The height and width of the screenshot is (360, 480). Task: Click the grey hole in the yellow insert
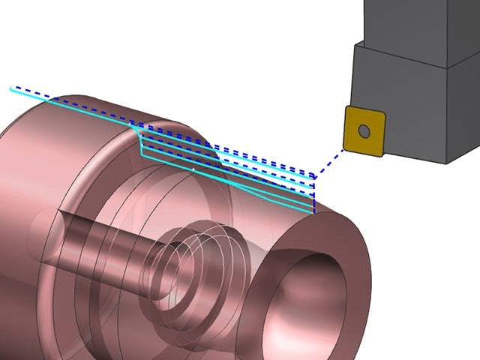click(x=364, y=131)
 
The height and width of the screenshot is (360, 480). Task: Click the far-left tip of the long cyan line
click(x=11, y=88)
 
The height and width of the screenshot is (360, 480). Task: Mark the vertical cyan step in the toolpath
click(x=141, y=142)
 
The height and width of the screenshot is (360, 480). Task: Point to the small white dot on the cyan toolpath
click(x=193, y=171)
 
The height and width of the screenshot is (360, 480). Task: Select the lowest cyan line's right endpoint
click(x=313, y=212)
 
